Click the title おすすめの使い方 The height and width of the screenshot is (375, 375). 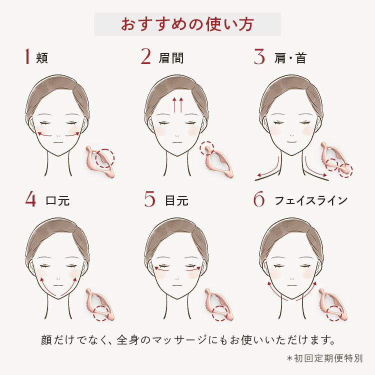click(187, 24)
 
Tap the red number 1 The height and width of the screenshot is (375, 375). click(27, 56)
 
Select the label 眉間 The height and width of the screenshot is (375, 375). click(171, 58)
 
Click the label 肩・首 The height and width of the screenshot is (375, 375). click(290, 58)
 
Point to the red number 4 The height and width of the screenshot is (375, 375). click(30, 199)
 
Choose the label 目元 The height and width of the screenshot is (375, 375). click(176, 200)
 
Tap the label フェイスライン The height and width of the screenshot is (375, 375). click(311, 200)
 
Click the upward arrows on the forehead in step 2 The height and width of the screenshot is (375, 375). click(177, 104)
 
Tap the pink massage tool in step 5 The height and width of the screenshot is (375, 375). click(218, 304)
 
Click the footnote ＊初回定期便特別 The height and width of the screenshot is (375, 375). click(325, 358)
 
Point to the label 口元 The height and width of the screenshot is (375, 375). click(57, 200)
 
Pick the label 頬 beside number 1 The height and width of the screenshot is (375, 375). click(42, 58)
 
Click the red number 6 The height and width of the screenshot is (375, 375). click(259, 199)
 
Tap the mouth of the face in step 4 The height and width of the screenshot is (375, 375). click(58, 285)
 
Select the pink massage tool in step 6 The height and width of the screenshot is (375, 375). click(333, 304)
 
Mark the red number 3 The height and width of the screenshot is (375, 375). click(259, 56)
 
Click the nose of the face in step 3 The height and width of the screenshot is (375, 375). click(292, 135)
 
